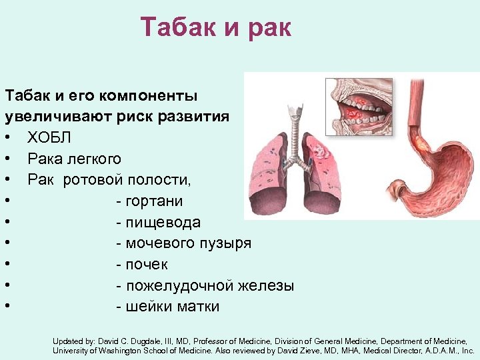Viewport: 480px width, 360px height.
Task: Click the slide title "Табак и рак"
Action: click(216, 28)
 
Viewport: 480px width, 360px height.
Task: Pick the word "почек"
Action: click(147, 265)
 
